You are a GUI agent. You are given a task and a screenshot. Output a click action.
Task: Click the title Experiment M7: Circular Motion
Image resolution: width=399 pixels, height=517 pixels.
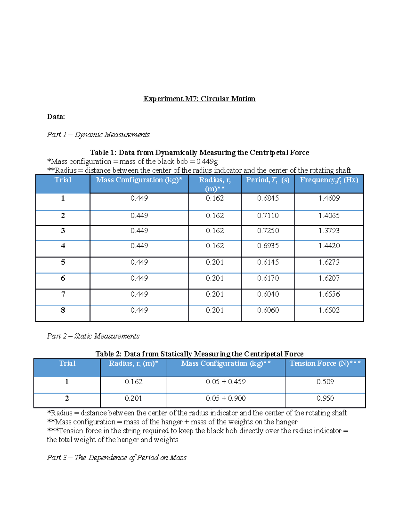click(199, 99)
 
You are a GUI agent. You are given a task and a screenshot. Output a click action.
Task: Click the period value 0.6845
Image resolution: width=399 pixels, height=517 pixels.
click(268, 198)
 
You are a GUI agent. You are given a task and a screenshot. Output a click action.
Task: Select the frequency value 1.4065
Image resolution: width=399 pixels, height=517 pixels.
click(329, 216)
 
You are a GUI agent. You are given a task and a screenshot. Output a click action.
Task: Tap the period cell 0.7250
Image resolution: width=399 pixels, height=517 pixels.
click(268, 231)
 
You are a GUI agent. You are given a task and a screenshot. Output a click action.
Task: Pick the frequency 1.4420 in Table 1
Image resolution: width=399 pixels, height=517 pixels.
click(329, 246)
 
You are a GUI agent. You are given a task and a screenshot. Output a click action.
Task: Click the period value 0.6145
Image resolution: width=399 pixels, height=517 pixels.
click(268, 262)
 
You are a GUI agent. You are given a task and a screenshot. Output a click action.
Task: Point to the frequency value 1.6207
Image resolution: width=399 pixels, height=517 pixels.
click(329, 278)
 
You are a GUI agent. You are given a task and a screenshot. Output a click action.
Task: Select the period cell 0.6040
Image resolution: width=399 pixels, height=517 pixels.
click(268, 294)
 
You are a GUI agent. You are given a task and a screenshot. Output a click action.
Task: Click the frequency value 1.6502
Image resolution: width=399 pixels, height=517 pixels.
click(329, 310)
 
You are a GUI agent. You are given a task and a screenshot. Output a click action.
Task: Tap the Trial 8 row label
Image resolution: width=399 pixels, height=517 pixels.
click(63, 310)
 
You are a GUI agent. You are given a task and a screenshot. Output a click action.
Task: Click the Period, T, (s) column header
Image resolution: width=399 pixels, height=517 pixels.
click(268, 180)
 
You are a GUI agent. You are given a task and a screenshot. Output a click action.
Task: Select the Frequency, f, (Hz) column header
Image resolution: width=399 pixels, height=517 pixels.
click(329, 180)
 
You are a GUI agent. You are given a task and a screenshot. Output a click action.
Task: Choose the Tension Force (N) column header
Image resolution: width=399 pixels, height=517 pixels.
click(325, 364)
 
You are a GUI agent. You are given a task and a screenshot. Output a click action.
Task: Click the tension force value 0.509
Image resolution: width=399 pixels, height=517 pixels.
click(325, 382)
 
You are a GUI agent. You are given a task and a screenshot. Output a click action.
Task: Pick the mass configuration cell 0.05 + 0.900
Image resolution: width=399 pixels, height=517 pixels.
click(226, 398)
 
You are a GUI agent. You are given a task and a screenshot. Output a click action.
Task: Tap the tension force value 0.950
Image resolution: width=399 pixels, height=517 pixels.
click(325, 398)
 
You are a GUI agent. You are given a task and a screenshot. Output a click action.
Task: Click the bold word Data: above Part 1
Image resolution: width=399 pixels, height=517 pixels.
click(56, 117)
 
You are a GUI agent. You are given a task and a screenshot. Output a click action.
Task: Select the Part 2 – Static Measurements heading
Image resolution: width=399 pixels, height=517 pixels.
click(93, 336)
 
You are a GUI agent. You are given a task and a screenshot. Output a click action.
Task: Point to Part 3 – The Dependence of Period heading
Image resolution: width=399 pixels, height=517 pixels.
click(116, 458)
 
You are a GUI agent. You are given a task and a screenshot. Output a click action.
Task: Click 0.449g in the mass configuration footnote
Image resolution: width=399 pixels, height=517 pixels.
click(207, 162)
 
